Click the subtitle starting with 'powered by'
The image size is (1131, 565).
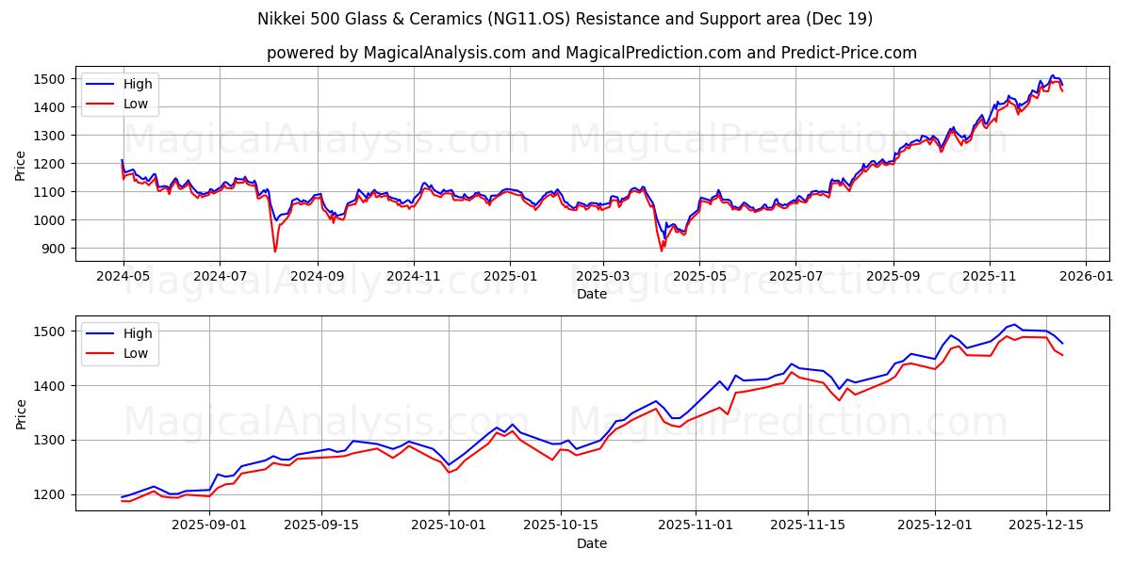[591, 53]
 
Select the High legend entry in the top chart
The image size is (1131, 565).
[137, 84]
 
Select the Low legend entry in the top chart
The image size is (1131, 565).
[135, 104]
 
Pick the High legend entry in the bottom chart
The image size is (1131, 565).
[137, 332]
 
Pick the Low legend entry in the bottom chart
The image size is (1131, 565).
[135, 352]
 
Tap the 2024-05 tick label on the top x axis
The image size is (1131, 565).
[123, 278]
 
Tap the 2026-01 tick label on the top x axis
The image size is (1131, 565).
[1086, 278]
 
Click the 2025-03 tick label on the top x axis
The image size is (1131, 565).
[603, 278]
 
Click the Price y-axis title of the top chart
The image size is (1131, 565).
[21, 165]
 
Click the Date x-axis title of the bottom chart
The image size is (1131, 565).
[591, 543]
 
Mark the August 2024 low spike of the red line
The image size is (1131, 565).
[275, 250]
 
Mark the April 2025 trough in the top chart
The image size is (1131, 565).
[662, 250]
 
